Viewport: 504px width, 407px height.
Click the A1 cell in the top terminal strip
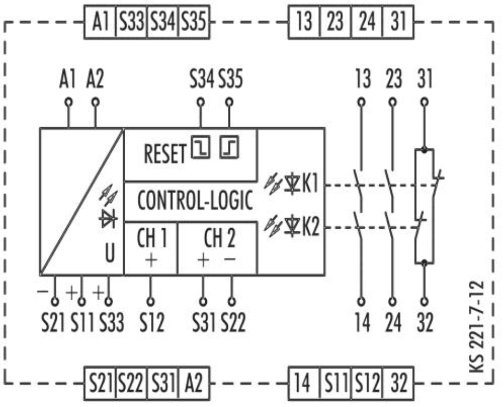(100, 22)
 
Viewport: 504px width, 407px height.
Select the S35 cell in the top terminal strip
(194, 22)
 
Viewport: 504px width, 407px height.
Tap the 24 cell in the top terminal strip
(367, 22)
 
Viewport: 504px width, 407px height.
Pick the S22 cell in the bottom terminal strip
(131, 383)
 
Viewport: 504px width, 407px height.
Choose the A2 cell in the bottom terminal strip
(194, 383)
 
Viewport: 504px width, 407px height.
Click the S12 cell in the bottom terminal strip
(367, 383)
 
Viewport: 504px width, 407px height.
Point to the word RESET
(165, 154)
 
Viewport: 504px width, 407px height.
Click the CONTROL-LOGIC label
(195, 200)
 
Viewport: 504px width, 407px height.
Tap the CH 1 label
(152, 238)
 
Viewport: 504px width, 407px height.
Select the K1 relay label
(310, 184)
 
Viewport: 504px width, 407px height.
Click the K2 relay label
(310, 226)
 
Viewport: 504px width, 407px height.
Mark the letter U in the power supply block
(110, 253)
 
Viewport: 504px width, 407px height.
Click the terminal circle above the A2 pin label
(95, 103)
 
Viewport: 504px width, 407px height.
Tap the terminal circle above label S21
(55, 302)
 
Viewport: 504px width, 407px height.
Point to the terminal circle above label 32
(425, 302)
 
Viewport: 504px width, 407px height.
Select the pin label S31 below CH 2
(204, 322)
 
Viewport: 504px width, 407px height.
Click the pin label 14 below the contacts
(362, 322)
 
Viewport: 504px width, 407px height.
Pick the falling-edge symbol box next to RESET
(200, 147)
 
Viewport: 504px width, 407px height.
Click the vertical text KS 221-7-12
(477, 327)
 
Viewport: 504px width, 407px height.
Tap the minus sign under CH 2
(230, 259)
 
